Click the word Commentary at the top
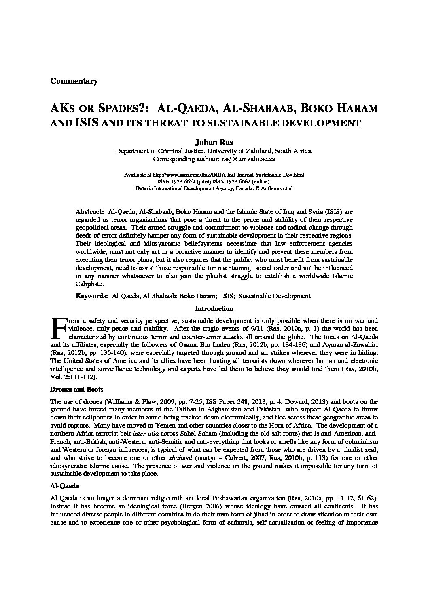pyautogui.click(x=74, y=81)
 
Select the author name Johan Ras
pyautogui.click(x=214, y=142)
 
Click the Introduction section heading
pyautogui.click(x=214, y=309)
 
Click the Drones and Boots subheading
pyautogui.click(x=77, y=390)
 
